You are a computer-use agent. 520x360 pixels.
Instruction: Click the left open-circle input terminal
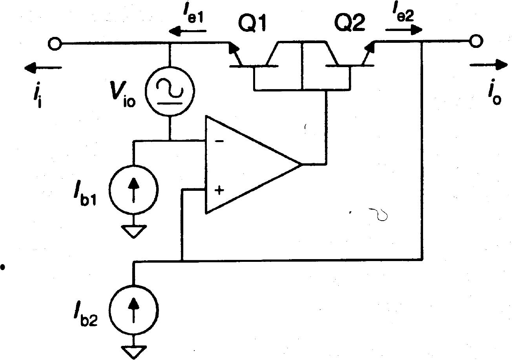[x=55, y=43]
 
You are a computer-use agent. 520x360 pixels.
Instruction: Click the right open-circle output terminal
[x=476, y=41]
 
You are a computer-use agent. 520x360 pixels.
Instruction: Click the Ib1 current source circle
[x=134, y=189]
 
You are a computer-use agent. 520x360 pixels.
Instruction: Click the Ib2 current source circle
[x=134, y=309]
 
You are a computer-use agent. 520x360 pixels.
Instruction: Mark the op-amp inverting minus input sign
[x=220, y=141]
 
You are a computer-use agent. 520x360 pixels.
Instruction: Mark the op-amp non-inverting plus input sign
[x=219, y=191]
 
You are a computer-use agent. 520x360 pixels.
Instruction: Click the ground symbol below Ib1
[x=134, y=232]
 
